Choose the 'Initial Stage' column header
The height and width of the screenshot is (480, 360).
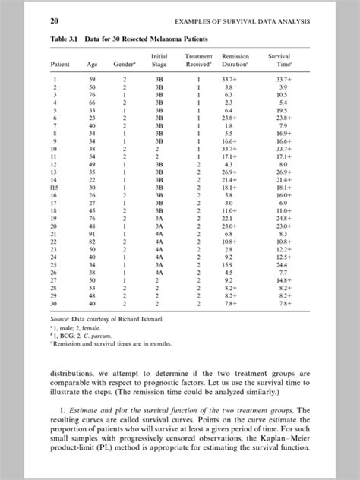[x=159, y=61]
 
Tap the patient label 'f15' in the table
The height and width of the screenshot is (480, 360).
[x=54, y=186]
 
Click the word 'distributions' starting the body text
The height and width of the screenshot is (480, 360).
[x=74, y=374]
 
